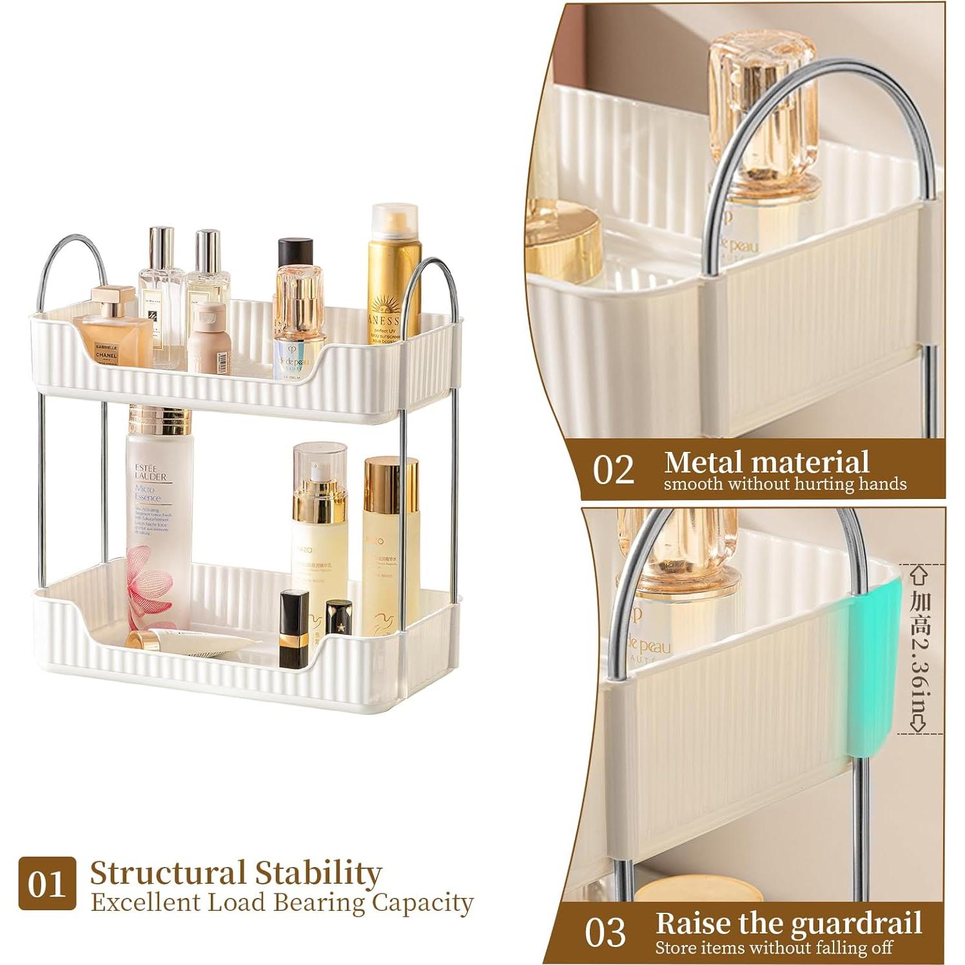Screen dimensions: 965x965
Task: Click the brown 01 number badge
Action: [47, 883]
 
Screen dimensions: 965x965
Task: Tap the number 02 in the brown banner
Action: [613, 471]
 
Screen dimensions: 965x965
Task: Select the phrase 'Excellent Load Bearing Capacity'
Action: [282, 902]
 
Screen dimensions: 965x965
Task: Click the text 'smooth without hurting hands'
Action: [785, 483]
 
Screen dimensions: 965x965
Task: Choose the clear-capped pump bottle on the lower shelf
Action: [315, 509]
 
